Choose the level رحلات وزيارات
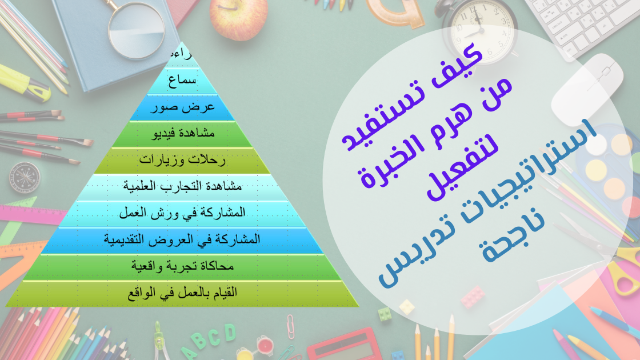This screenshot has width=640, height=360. click(x=182, y=161)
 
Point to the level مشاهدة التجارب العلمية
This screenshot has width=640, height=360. click(x=183, y=186)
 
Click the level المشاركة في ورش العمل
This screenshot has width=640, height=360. click(x=182, y=213)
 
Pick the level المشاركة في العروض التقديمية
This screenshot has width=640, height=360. click(x=182, y=239)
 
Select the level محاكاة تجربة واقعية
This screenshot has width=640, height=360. click(x=182, y=266)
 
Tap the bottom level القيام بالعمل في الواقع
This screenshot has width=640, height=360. click(x=182, y=293)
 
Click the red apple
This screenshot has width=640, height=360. click(x=238, y=17)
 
